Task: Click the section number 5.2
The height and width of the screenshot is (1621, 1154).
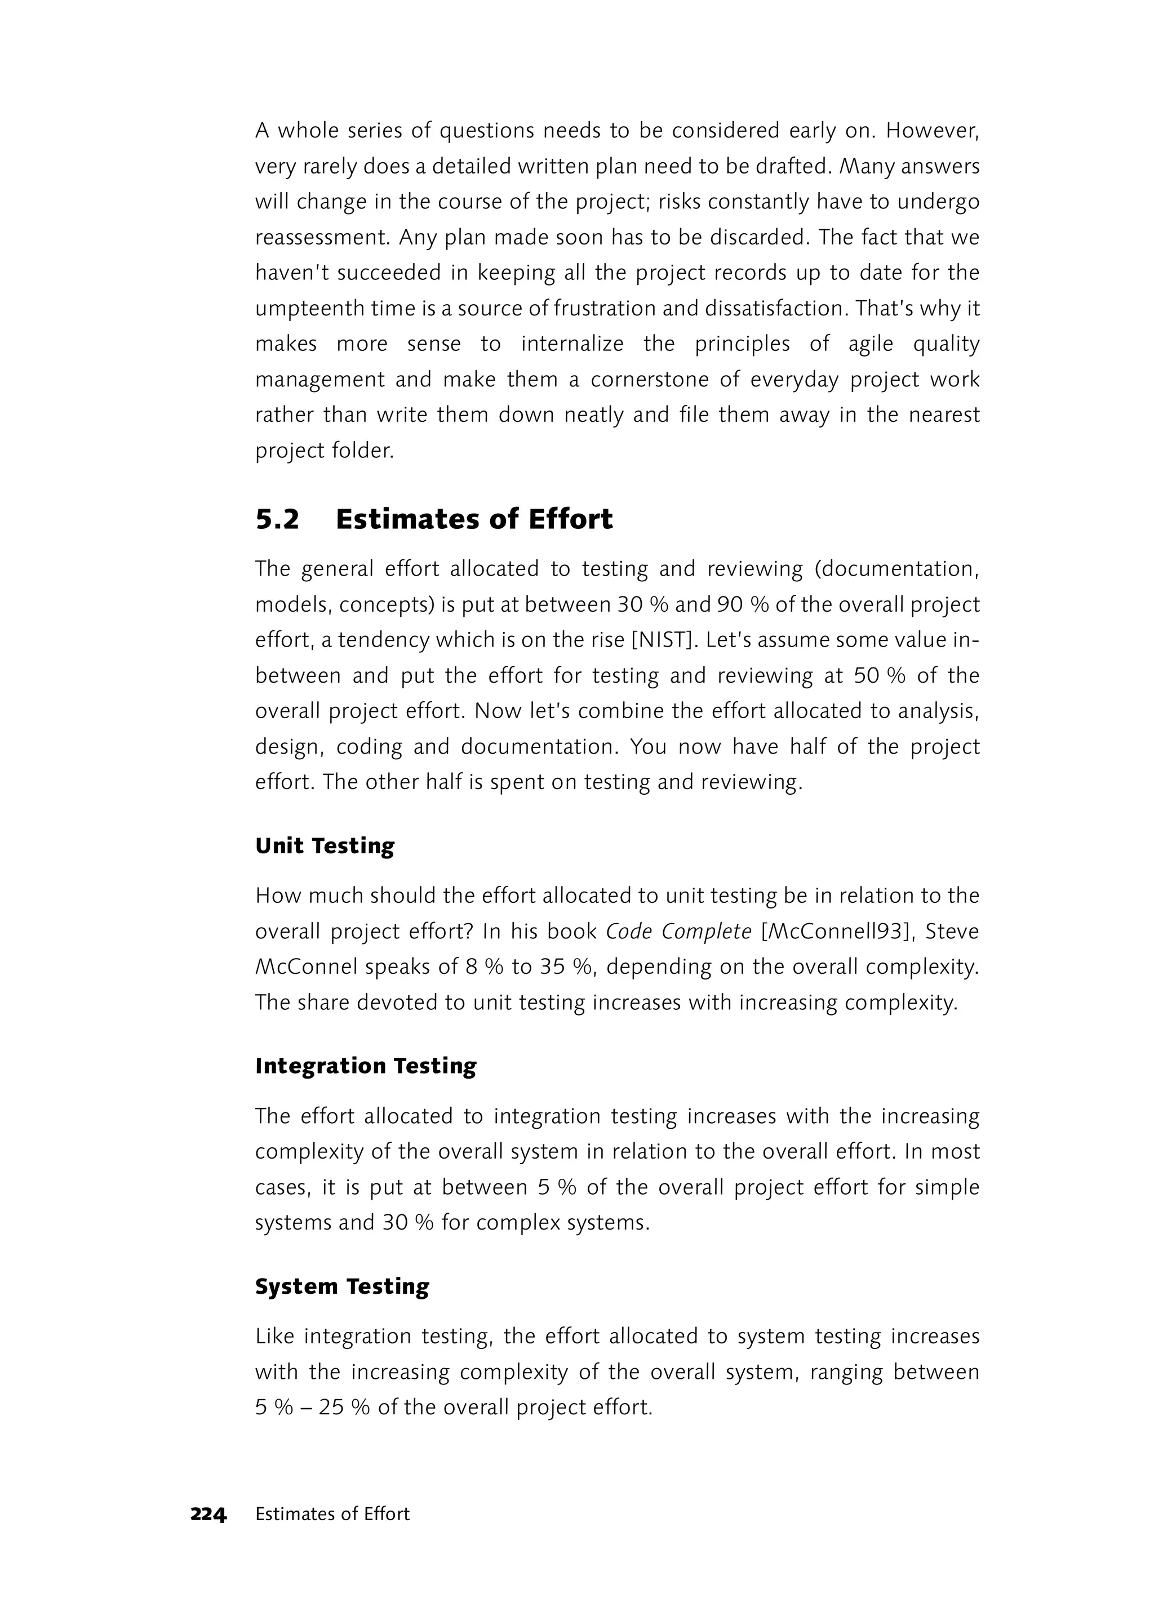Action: (277, 520)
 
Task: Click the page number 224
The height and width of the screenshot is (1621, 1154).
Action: (208, 1515)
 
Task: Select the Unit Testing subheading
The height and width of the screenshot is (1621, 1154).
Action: (324, 846)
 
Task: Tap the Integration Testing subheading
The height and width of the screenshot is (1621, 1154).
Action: (365, 1066)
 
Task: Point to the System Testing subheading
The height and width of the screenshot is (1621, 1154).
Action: (342, 1286)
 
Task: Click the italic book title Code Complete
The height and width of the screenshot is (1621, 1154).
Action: (678, 931)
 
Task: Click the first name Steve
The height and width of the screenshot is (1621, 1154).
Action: (952, 931)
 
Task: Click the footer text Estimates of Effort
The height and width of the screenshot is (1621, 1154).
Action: (332, 1515)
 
